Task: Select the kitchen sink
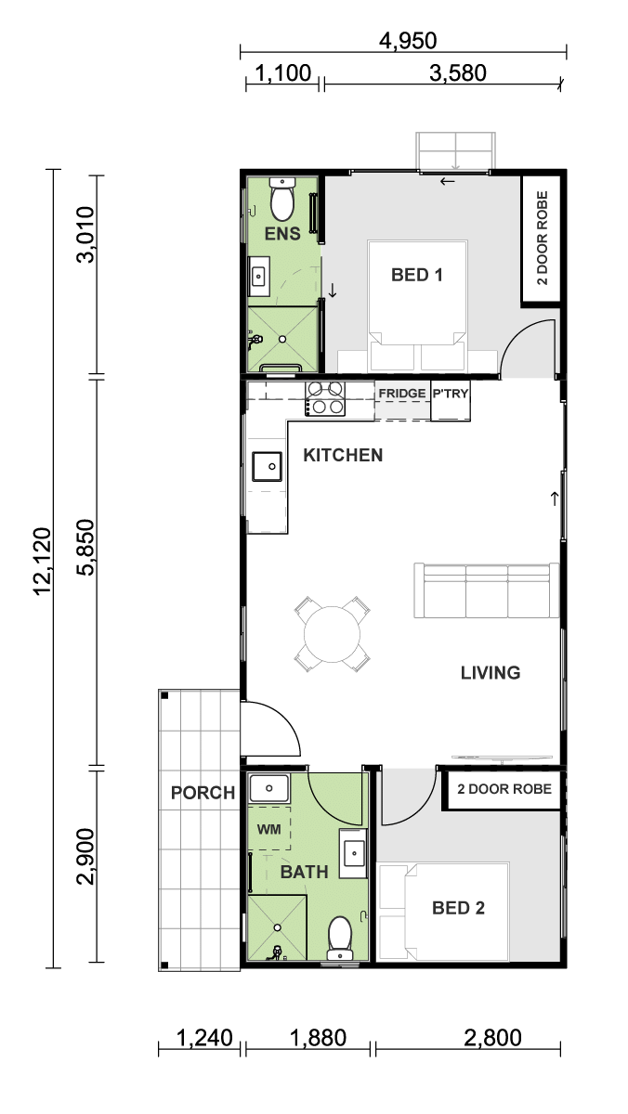coord(268,466)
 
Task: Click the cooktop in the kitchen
coord(325,398)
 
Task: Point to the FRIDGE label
coord(402,394)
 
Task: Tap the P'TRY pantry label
coord(451,394)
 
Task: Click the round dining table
coord(332,634)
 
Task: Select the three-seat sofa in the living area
coord(486,590)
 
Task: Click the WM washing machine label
coord(268,829)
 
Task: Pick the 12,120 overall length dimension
coord(43,561)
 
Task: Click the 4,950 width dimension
coord(408,40)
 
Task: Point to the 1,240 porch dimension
coord(204,1038)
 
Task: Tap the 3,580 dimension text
coord(458,73)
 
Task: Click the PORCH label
coord(203,793)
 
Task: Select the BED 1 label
coord(417,275)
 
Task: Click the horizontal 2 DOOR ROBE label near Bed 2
coord(504,789)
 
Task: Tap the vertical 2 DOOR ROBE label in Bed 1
coord(542,238)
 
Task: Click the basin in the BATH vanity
coord(354,853)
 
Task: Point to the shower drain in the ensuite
coord(282,339)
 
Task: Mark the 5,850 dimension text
coord(86,547)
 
